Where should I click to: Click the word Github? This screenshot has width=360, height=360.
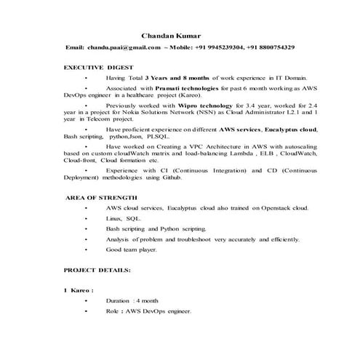191,177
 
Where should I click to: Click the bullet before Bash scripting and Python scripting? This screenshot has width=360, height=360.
86,228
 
